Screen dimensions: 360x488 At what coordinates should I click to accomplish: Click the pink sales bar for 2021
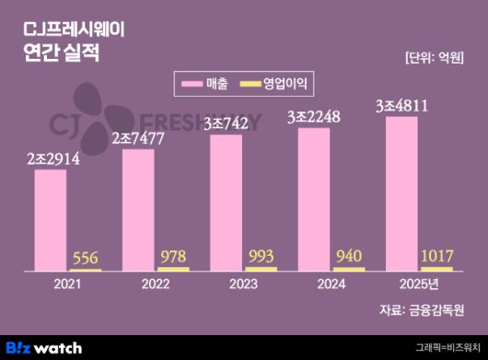[50, 220]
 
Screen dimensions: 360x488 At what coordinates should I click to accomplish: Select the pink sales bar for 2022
[138, 210]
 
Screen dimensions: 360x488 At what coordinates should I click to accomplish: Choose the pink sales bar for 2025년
[401, 193]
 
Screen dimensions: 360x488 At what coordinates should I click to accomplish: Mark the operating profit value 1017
[437, 255]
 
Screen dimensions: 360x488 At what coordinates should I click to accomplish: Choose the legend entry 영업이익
[276, 84]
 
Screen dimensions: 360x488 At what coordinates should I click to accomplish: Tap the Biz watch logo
[43, 347]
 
